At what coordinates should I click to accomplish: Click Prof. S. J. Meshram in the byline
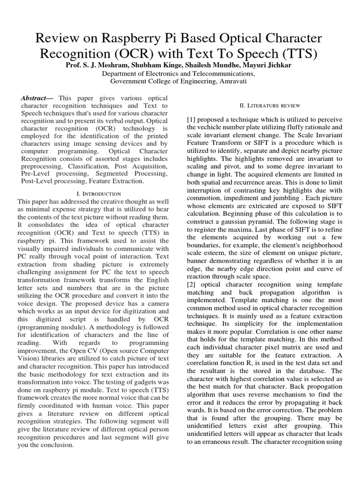[x=100, y=65]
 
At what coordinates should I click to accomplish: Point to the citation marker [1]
[x=191, y=120]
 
